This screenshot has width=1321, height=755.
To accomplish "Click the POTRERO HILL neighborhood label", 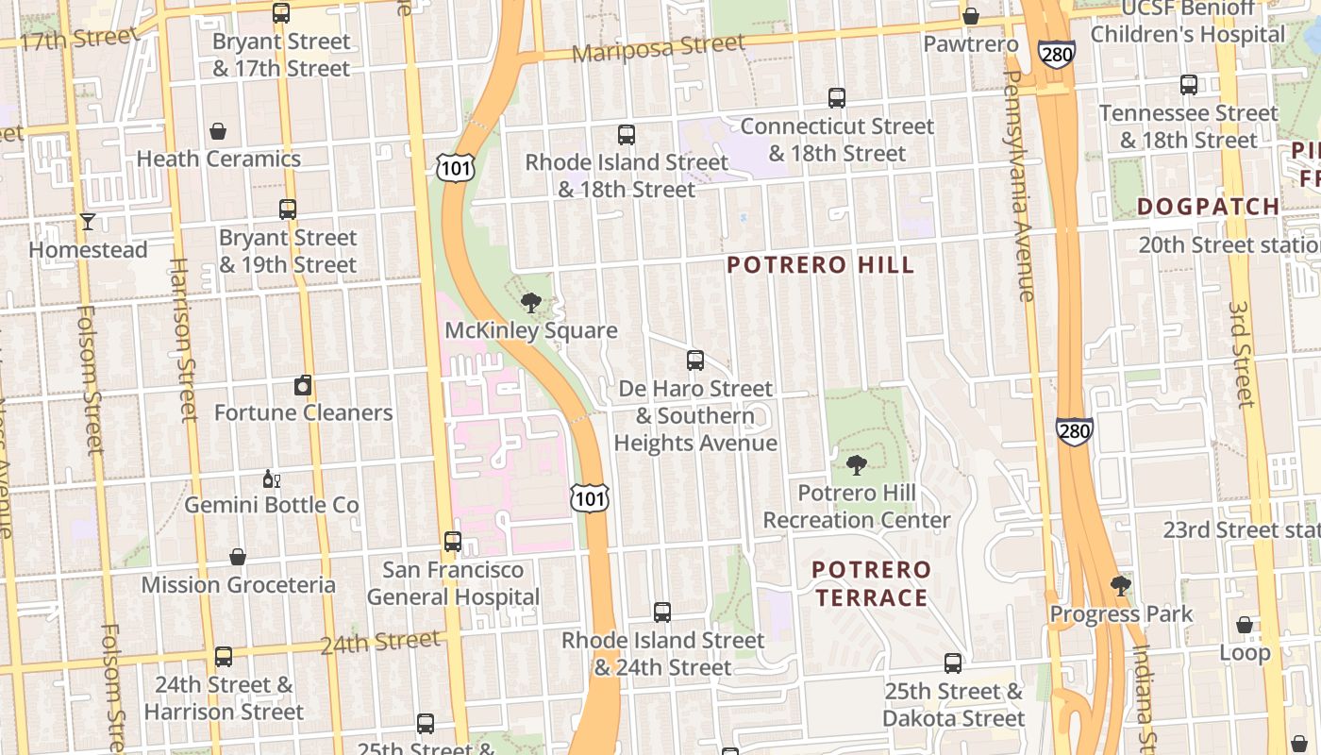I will coord(821,265).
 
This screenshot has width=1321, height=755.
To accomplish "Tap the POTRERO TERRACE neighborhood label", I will coord(871,583).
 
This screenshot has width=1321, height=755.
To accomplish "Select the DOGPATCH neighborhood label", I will coord(1208,207).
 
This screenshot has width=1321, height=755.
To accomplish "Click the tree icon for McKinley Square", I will coord(531,303).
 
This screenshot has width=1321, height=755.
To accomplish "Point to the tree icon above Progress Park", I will coord(1121,586).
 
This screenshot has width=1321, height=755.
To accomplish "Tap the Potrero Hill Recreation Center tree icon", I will coord(857,464).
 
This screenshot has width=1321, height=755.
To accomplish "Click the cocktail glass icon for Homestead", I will coord(88,222).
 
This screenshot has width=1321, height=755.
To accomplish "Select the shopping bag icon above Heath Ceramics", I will coord(218,131).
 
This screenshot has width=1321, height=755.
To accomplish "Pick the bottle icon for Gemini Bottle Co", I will coord(271,478).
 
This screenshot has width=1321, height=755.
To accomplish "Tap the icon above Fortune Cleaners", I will coord(303,385).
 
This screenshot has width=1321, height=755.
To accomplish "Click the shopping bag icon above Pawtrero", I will coord(970,16).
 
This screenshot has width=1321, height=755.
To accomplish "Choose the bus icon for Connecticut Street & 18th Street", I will coord(837,98).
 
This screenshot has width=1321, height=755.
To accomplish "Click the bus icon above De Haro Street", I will coord(695,361).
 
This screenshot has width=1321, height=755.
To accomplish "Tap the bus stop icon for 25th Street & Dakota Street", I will coord(953,663).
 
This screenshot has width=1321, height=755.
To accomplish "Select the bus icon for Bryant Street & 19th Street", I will coord(288,210).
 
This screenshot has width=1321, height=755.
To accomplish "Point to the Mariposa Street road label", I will coord(659,47).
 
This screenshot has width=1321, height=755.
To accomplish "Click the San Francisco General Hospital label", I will coord(453,583).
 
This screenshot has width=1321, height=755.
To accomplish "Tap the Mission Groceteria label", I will coord(238,585).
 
